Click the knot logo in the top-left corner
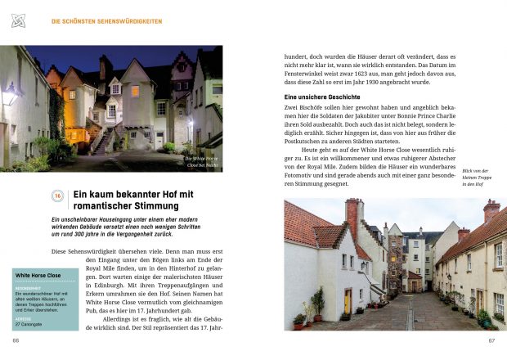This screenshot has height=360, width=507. click(18, 20)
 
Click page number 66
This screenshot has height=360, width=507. click(16, 340)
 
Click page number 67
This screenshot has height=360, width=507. click(491, 340)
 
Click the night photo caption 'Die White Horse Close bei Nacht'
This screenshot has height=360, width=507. click(200, 160)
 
